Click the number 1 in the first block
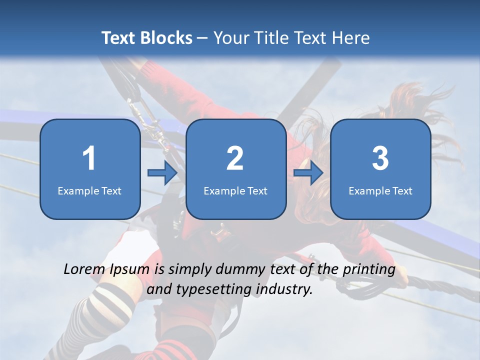click(89, 158)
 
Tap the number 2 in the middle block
click(235, 158)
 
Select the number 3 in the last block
click(380, 158)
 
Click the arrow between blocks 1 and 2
click(162, 173)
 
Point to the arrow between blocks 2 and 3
click(308, 173)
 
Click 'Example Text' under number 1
click(89, 190)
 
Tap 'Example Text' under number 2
click(235, 190)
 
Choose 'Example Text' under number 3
click(380, 190)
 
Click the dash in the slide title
click(202, 38)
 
